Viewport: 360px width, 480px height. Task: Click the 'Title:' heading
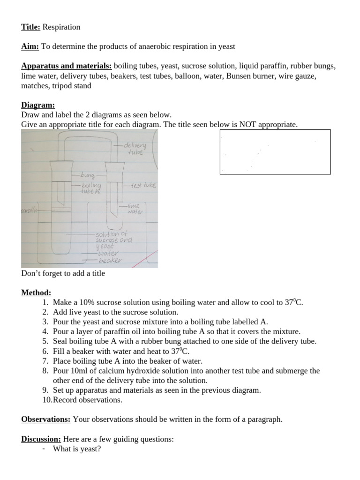(31, 27)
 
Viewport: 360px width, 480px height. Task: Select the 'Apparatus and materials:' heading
(66, 66)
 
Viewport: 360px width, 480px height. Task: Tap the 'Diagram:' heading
(38, 105)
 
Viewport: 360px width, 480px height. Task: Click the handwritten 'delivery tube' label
(136, 149)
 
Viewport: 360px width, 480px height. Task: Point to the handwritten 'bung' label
(88, 175)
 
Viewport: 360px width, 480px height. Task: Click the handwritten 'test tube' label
(143, 186)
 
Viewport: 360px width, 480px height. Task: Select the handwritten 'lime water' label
(135, 209)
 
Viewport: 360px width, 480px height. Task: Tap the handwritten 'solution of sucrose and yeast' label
(113, 240)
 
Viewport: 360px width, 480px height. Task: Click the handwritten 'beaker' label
(110, 260)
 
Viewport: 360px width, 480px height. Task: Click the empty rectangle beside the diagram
(275, 151)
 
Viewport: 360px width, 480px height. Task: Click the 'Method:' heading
(36, 292)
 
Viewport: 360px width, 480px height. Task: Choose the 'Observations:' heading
(46, 419)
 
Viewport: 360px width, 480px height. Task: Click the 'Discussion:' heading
(41, 439)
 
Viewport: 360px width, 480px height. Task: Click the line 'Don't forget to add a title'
(63, 273)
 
